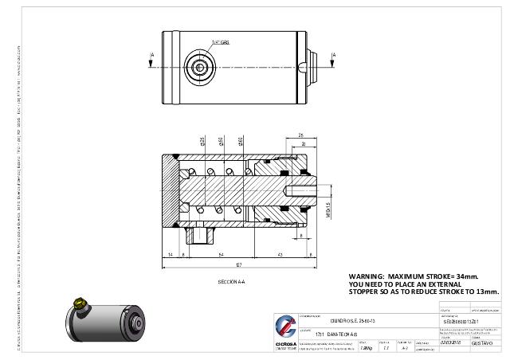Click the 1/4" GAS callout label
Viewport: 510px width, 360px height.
tap(220, 41)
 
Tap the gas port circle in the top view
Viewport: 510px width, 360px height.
tap(200, 67)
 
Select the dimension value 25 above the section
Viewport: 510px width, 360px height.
tap(300, 135)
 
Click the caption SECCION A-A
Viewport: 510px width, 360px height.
tap(231, 282)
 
